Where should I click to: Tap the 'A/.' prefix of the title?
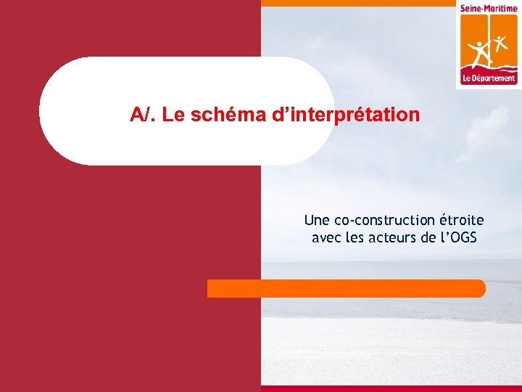coord(144,115)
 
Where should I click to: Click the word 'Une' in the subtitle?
coord(316,220)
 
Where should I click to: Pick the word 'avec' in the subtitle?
coord(325,237)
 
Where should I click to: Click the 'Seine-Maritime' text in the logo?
coord(489,8)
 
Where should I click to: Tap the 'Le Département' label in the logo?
coord(489,78)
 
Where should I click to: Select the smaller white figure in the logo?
coord(500,40)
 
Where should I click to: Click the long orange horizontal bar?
coord(347,288)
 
